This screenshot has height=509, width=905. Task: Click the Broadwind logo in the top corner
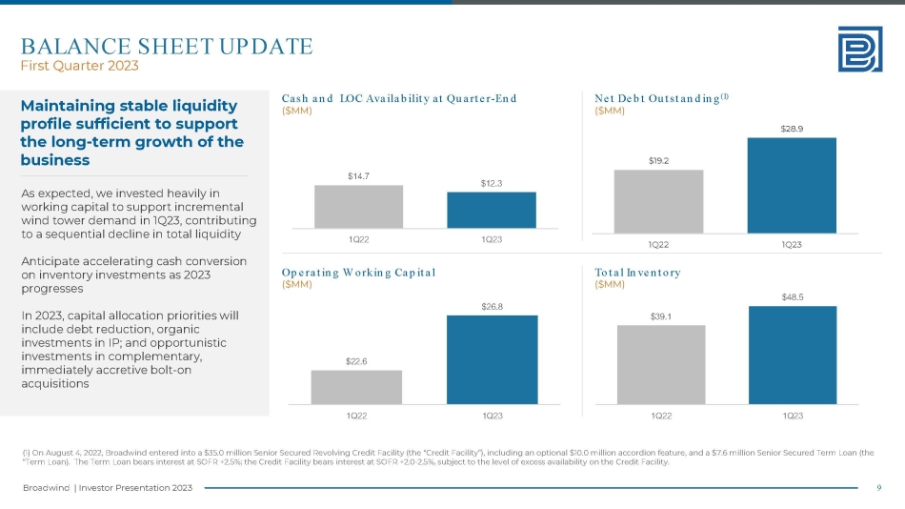point(860,48)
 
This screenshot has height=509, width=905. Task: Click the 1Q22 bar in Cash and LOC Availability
point(358,206)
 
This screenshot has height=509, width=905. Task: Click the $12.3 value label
point(492,182)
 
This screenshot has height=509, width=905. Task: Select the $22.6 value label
point(356,360)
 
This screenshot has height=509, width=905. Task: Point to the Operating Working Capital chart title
point(359,273)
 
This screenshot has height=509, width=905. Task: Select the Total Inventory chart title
point(637,273)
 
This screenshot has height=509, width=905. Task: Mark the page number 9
point(878,488)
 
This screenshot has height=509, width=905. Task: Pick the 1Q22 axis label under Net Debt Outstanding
point(658,244)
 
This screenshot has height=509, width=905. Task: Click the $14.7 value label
point(358,175)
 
